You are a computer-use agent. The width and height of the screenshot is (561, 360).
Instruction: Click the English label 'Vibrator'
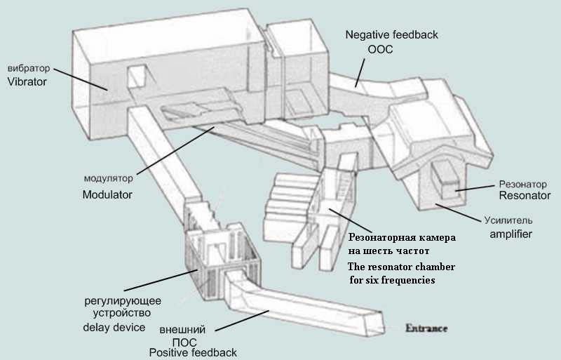pos(27,82)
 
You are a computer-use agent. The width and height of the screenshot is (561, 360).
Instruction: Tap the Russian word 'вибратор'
pos(29,69)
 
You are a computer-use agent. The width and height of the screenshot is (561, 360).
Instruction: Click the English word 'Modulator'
pos(107,194)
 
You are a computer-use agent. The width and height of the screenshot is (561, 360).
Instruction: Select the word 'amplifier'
pos(511,234)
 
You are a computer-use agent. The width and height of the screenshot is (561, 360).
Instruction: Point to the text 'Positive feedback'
pos(193,352)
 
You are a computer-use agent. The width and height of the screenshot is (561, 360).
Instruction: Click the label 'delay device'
pos(114,327)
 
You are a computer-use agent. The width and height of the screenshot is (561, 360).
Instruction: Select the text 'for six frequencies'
pos(392,280)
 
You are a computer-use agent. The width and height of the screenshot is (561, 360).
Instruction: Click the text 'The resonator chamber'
pos(401,267)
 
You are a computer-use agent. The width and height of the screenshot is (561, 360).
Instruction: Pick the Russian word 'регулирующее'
pos(116,299)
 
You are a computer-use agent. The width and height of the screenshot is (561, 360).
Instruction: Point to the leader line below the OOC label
pos(360,71)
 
